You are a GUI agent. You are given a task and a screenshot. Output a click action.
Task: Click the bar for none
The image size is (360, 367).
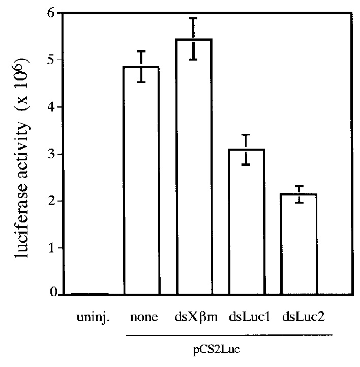pyautogui.click(x=141, y=181)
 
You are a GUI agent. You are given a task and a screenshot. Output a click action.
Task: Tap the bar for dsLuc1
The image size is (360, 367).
pyautogui.click(x=246, y=222)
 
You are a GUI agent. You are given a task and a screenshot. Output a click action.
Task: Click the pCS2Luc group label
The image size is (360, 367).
pyautogui.click(x=228, y=350)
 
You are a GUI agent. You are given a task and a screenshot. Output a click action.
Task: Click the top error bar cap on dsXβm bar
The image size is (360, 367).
pyautogui.click(x=193, y=18)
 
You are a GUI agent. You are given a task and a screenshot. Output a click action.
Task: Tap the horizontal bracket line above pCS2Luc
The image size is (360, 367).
pyautogui.click(x=228, y=334)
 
